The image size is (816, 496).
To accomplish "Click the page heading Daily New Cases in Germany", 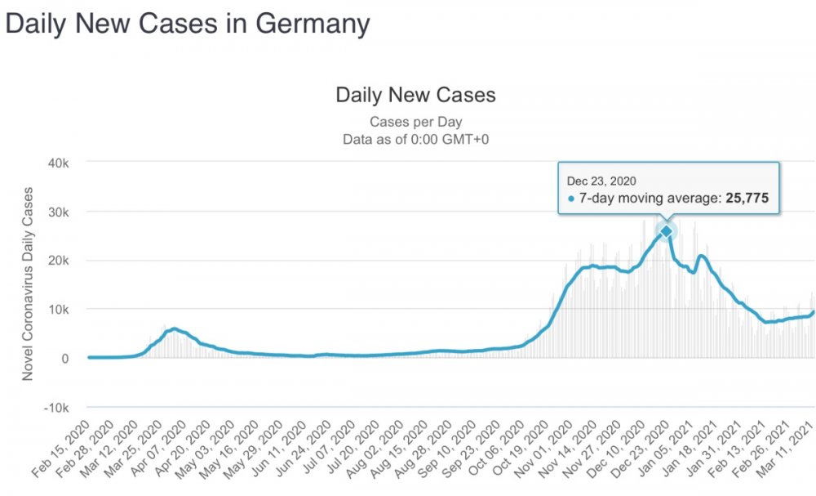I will click(x=188, y=24).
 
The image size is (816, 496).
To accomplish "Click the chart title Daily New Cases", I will click(x=415, y=95).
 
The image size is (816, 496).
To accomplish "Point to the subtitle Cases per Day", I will click(x=416, y=123).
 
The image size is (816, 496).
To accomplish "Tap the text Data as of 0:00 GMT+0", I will click(x=416, y=140).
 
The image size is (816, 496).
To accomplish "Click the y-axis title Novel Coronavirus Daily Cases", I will click(x=29, y=284).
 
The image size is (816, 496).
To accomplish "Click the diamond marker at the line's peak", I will click(x=667, y=231).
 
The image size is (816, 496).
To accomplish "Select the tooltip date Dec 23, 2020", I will click(x=601, y=181).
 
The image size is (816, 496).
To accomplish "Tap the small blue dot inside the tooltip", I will click(x=571, y=199).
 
